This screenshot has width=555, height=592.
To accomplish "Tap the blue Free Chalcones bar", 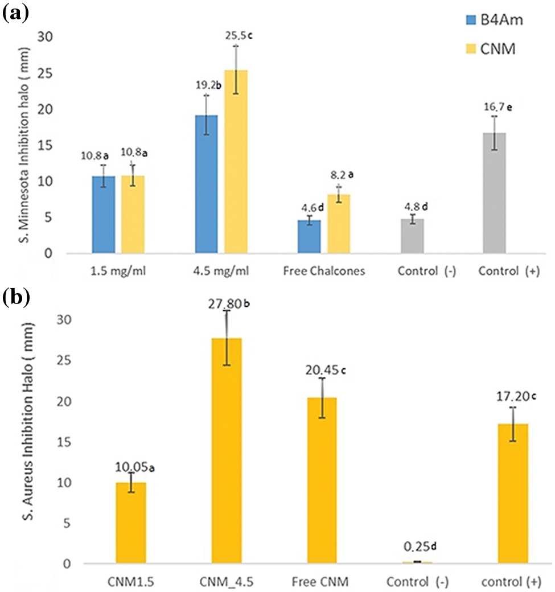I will point(309,236).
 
